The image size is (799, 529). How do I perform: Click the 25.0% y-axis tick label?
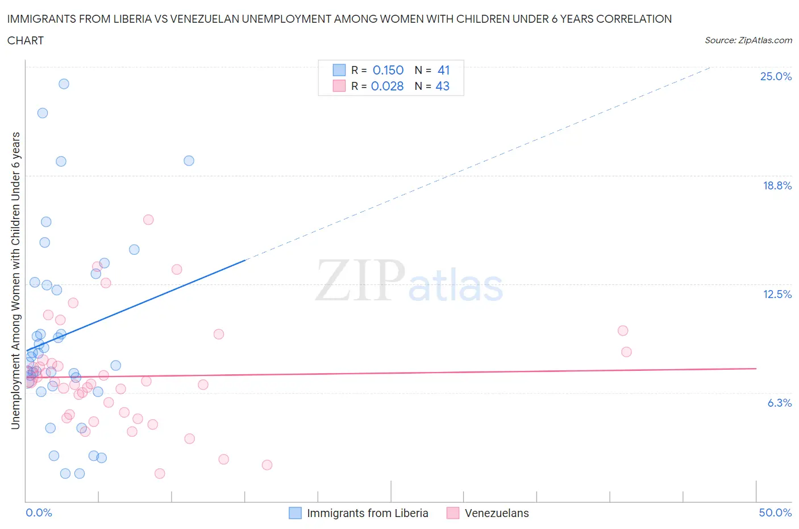(776, 76)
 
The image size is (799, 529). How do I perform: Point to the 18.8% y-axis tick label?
(777, 185)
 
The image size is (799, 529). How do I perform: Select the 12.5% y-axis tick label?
(777, 294)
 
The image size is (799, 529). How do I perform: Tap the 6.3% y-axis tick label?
(779, 403)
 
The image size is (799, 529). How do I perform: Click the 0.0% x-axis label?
(39, 513)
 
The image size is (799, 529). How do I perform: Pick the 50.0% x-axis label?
(775, 513)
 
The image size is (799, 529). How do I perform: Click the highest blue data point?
(64, 84)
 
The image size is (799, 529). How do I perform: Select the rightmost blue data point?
(189, 160)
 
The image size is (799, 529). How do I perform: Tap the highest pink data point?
(148, 220)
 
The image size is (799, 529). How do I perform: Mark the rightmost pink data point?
(626, 352)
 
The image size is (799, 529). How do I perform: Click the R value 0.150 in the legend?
(388, 70)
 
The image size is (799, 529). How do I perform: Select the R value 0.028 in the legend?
(387, 86)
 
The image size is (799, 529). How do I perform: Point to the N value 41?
(444, 70)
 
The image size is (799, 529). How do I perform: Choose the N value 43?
(443, 86)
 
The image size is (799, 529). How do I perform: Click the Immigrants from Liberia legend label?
(367, 513)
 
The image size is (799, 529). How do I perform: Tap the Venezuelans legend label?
(497, 513)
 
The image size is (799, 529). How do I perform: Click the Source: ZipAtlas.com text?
(748, 40)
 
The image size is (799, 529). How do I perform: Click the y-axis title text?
(15, 280)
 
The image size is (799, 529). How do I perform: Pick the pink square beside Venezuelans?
(453, 513)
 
